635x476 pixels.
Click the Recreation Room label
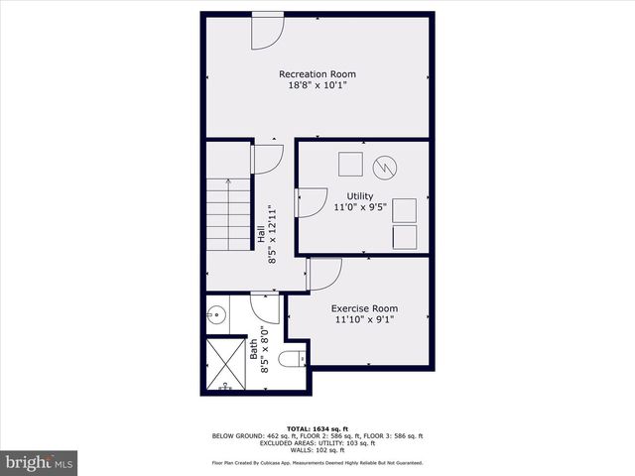[317, 74]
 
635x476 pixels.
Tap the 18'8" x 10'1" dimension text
[317, 86]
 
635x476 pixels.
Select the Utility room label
[359, 196]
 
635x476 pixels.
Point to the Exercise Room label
[364, 308]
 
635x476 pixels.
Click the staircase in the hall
[228, 214]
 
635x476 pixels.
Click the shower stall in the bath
[226, 363]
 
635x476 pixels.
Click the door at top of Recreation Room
[266, 30]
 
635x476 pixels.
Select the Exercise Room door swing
[324, 272]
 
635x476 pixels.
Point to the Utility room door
[311, 201]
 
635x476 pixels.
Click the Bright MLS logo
[40, 462]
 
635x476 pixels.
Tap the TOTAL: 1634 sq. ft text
[317, 427]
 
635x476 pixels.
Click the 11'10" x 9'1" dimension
[364, 320]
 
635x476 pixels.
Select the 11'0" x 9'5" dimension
[359, 208]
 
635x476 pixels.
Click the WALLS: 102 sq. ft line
[317, 449]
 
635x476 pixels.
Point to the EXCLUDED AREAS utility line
[317, 442]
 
